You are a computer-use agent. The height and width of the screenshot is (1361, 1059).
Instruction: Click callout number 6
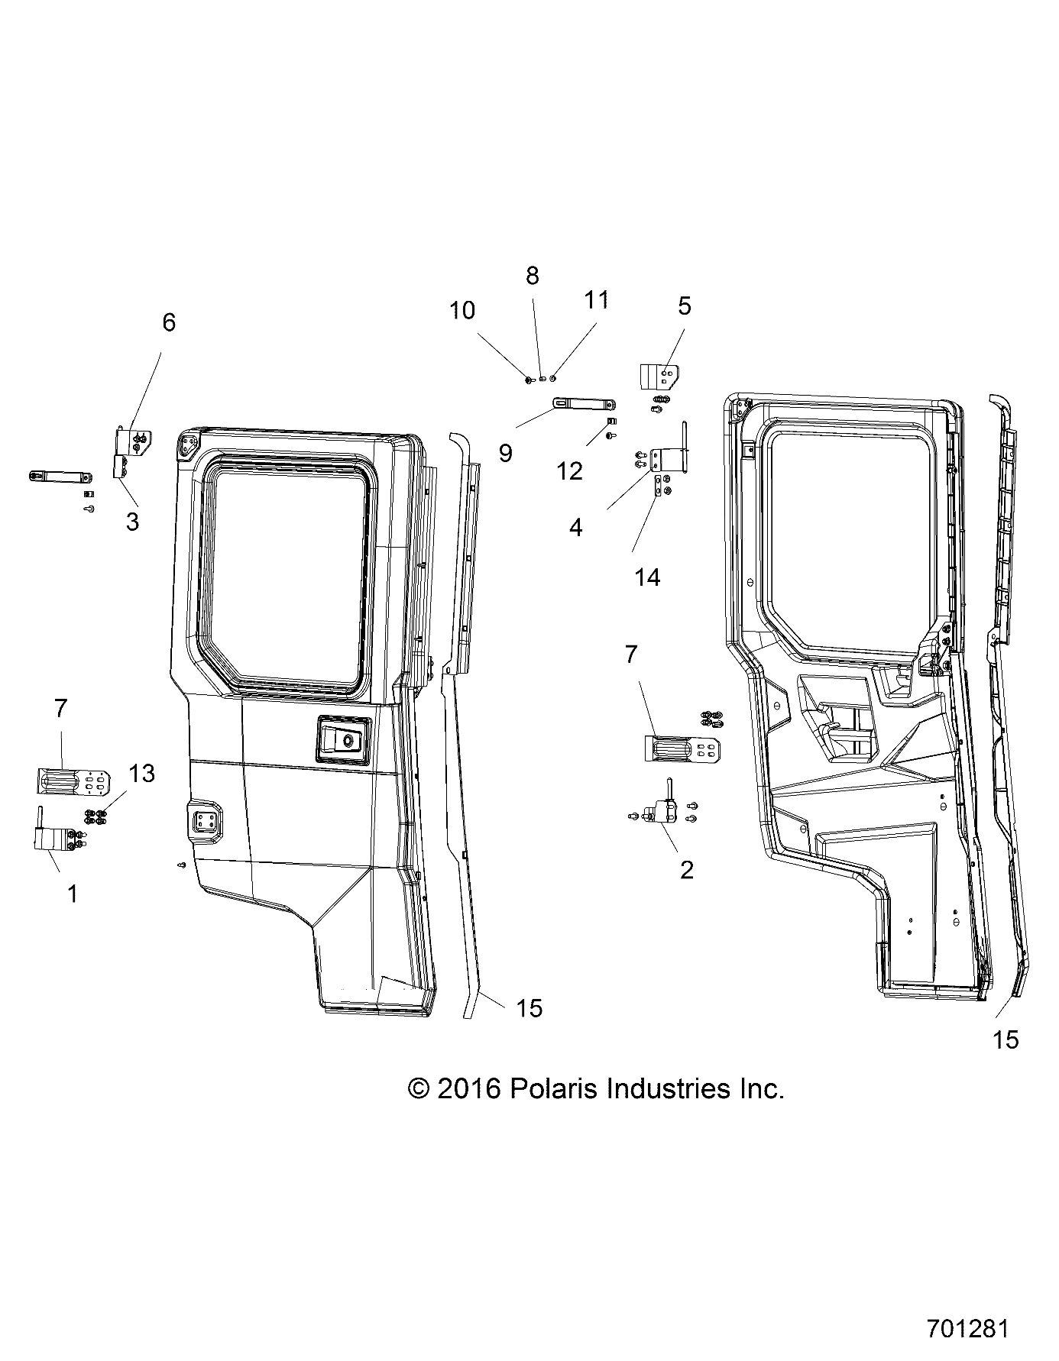point(169,323)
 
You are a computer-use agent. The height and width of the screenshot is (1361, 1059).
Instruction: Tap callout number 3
point(132,522)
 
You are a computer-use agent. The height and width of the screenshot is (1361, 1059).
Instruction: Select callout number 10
point(462,311)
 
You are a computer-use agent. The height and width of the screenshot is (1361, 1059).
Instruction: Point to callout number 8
point(533,276)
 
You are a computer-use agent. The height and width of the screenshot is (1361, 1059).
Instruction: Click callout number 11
point(597,300)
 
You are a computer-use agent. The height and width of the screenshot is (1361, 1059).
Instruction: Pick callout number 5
point(684,305)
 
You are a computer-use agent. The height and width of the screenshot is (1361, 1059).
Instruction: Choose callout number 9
point(505,453)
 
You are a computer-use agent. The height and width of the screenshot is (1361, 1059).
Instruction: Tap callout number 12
point(570,471)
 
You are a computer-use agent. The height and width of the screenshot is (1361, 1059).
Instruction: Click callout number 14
point(647,577)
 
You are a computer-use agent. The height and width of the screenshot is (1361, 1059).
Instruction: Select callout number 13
point(143,774)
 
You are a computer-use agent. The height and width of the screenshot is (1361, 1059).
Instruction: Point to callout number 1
point(73,893)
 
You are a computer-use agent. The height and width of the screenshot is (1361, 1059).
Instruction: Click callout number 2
point(686,869)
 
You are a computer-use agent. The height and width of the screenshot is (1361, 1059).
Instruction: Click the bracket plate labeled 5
point(657,377)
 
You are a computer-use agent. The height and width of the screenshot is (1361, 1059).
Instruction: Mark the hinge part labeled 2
point(663,813)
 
